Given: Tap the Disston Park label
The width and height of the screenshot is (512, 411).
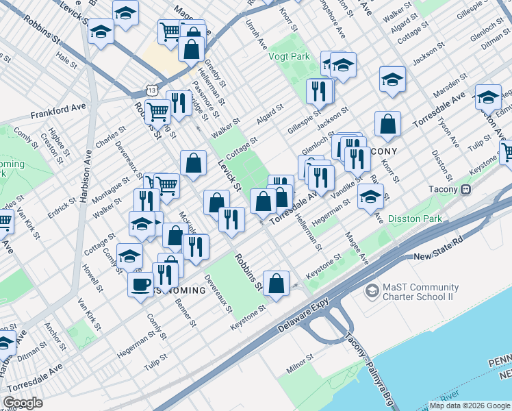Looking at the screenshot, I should (x=415, y=219).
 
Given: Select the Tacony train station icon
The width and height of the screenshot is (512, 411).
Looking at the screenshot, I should (x=466, y=189).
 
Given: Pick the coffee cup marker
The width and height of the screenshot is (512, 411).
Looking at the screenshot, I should (x=141, y=284).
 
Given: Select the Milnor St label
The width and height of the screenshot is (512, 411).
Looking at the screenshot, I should (x=300, y=363).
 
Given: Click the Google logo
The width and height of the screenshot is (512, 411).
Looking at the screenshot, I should (x=23, y=403).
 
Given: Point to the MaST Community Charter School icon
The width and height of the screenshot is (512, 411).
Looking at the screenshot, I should (x=372, y=291).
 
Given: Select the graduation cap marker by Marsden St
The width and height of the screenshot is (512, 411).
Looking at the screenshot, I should (x=487, y=97).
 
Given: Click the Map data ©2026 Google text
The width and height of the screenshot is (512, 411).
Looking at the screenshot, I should (x=470, y=406).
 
